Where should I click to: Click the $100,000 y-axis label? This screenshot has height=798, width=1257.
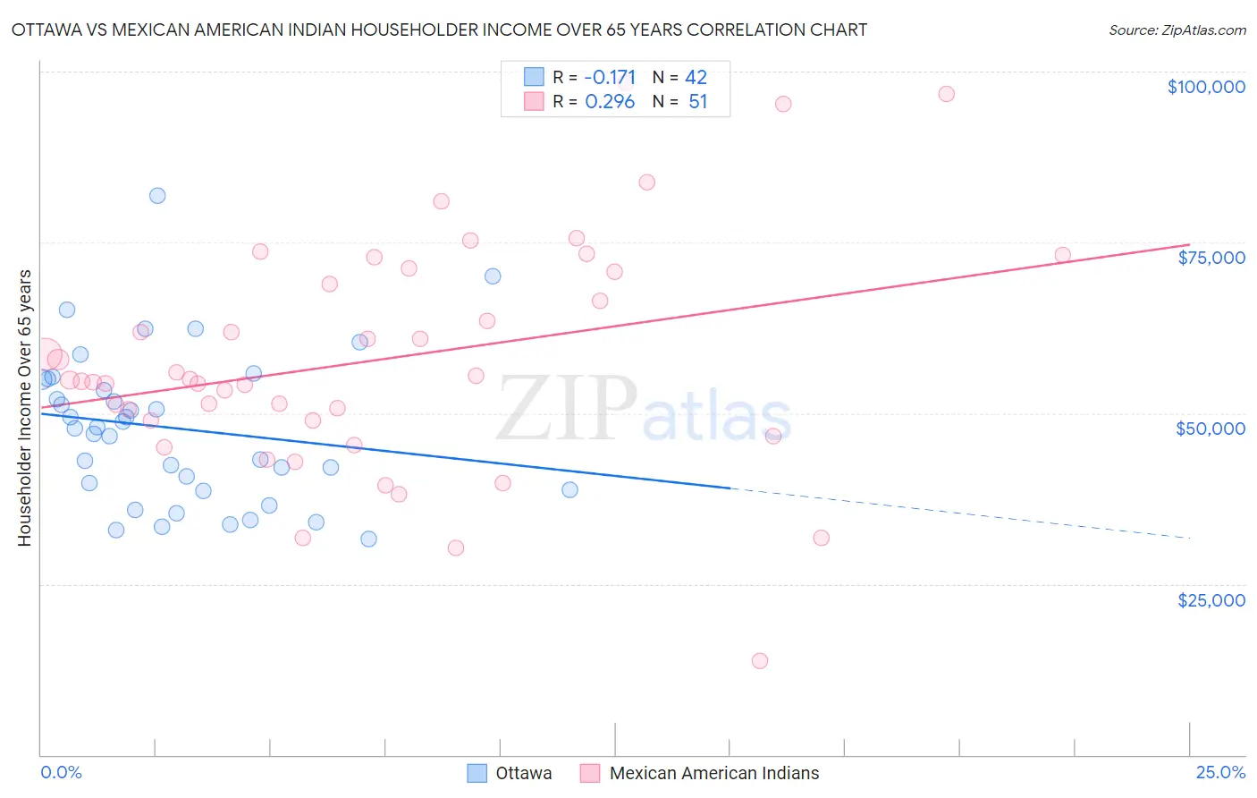1205,87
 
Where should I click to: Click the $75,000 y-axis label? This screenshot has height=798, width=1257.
1211,258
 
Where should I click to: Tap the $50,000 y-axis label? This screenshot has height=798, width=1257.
1210,429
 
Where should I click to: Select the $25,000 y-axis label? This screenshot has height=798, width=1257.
1211,599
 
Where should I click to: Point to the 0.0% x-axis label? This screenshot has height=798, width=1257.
61,772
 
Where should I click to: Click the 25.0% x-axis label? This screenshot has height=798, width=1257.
1220,772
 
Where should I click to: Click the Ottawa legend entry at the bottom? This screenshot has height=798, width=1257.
510,773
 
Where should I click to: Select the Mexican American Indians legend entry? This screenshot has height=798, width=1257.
700,773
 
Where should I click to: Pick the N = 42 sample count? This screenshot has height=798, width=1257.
679,77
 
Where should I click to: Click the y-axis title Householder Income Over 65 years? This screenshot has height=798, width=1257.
24,408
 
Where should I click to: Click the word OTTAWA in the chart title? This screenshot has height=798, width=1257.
50,30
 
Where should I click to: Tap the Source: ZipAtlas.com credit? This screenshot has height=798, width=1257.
1177,30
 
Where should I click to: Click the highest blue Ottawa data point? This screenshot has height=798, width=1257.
157,196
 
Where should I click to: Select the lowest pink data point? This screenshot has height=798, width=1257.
760,661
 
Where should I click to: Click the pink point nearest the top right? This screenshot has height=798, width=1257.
946,94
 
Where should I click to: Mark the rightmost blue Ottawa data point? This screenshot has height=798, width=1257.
569,489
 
